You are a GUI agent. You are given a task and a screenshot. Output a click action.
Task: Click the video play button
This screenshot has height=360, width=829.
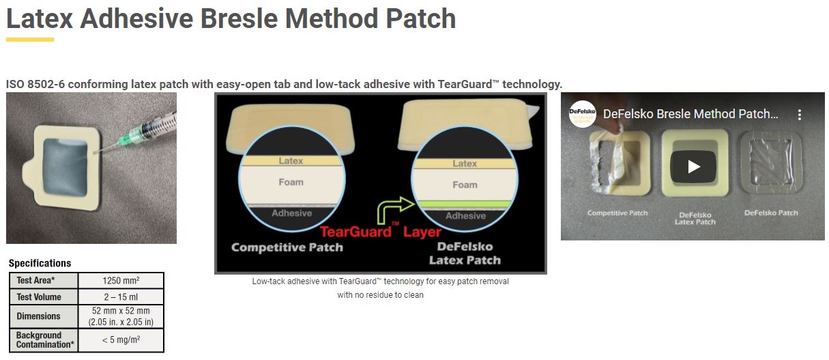pyautogui.click(x=693, y=167)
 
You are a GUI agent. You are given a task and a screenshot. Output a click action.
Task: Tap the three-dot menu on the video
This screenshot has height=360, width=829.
pyautogui.click(x=800, y=115)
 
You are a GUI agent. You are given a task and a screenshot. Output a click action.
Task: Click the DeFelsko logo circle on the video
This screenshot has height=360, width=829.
pyautogui.click(x=582, y=114)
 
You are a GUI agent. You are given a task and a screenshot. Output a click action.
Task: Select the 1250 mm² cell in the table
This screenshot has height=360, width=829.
pyautogui.click(x=121, y=280)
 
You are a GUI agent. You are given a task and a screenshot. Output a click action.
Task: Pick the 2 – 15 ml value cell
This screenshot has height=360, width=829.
pyautogui.click(x=121, y=296)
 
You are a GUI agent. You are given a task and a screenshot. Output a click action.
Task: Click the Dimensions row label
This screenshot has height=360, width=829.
pyautogui.click(x=38, y=316)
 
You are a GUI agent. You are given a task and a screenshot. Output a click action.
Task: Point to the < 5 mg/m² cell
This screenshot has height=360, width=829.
pyautogui.click(x=121, y=340)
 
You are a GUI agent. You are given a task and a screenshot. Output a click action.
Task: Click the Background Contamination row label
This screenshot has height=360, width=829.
pyautogui.click(x=45, y=340)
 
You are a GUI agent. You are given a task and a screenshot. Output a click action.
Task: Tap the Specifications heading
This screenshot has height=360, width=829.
pyautogui.click(x=40, y=263)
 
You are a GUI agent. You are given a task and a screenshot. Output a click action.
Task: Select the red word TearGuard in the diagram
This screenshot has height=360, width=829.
pyautogui.click(x=355, y=232)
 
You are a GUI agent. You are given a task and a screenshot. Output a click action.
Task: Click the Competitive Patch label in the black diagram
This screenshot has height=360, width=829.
pyautogui.click(x=287, y=247)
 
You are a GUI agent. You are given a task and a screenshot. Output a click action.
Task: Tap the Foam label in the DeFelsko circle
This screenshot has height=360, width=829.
pyautogui.click(x=465, y=184)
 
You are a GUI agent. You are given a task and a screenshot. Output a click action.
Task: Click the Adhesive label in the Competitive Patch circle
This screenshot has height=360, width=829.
pyautogui.click(x=291, y=213)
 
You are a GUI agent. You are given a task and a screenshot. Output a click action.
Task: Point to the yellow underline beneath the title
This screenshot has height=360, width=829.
pyautogui.click(x=30, y=39)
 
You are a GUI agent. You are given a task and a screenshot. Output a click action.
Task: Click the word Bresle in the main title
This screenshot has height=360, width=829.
pyautogui.click(x=239, y=18)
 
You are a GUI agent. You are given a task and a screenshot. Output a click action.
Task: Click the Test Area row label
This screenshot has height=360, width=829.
pyautogui.click(x=35, y=280)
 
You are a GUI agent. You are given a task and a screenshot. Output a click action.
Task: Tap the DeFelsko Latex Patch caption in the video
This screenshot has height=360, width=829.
pyautogui.click(x=695, y=218)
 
